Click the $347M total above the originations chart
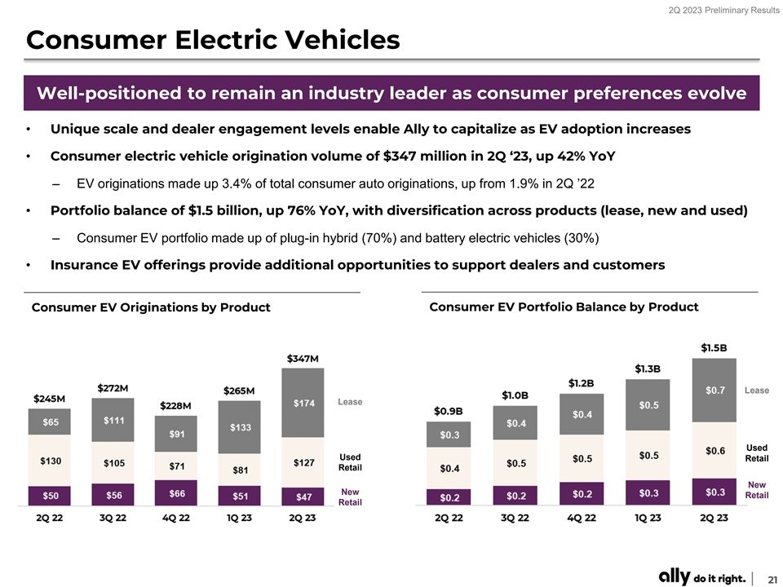(302, 359)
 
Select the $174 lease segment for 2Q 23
(302, 404)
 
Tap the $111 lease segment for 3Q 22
(113, 420)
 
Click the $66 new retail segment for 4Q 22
(177, 493)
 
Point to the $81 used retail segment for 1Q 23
(240, 470)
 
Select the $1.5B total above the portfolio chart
(714, 347)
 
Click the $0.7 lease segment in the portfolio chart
(714, 391)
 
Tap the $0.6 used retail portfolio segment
(714, 450)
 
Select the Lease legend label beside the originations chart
(351, 402)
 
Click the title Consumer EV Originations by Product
(150, 307)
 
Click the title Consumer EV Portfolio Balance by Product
(564, 307)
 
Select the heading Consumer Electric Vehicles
(213, 39)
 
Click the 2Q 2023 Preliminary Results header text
(719, 11)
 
